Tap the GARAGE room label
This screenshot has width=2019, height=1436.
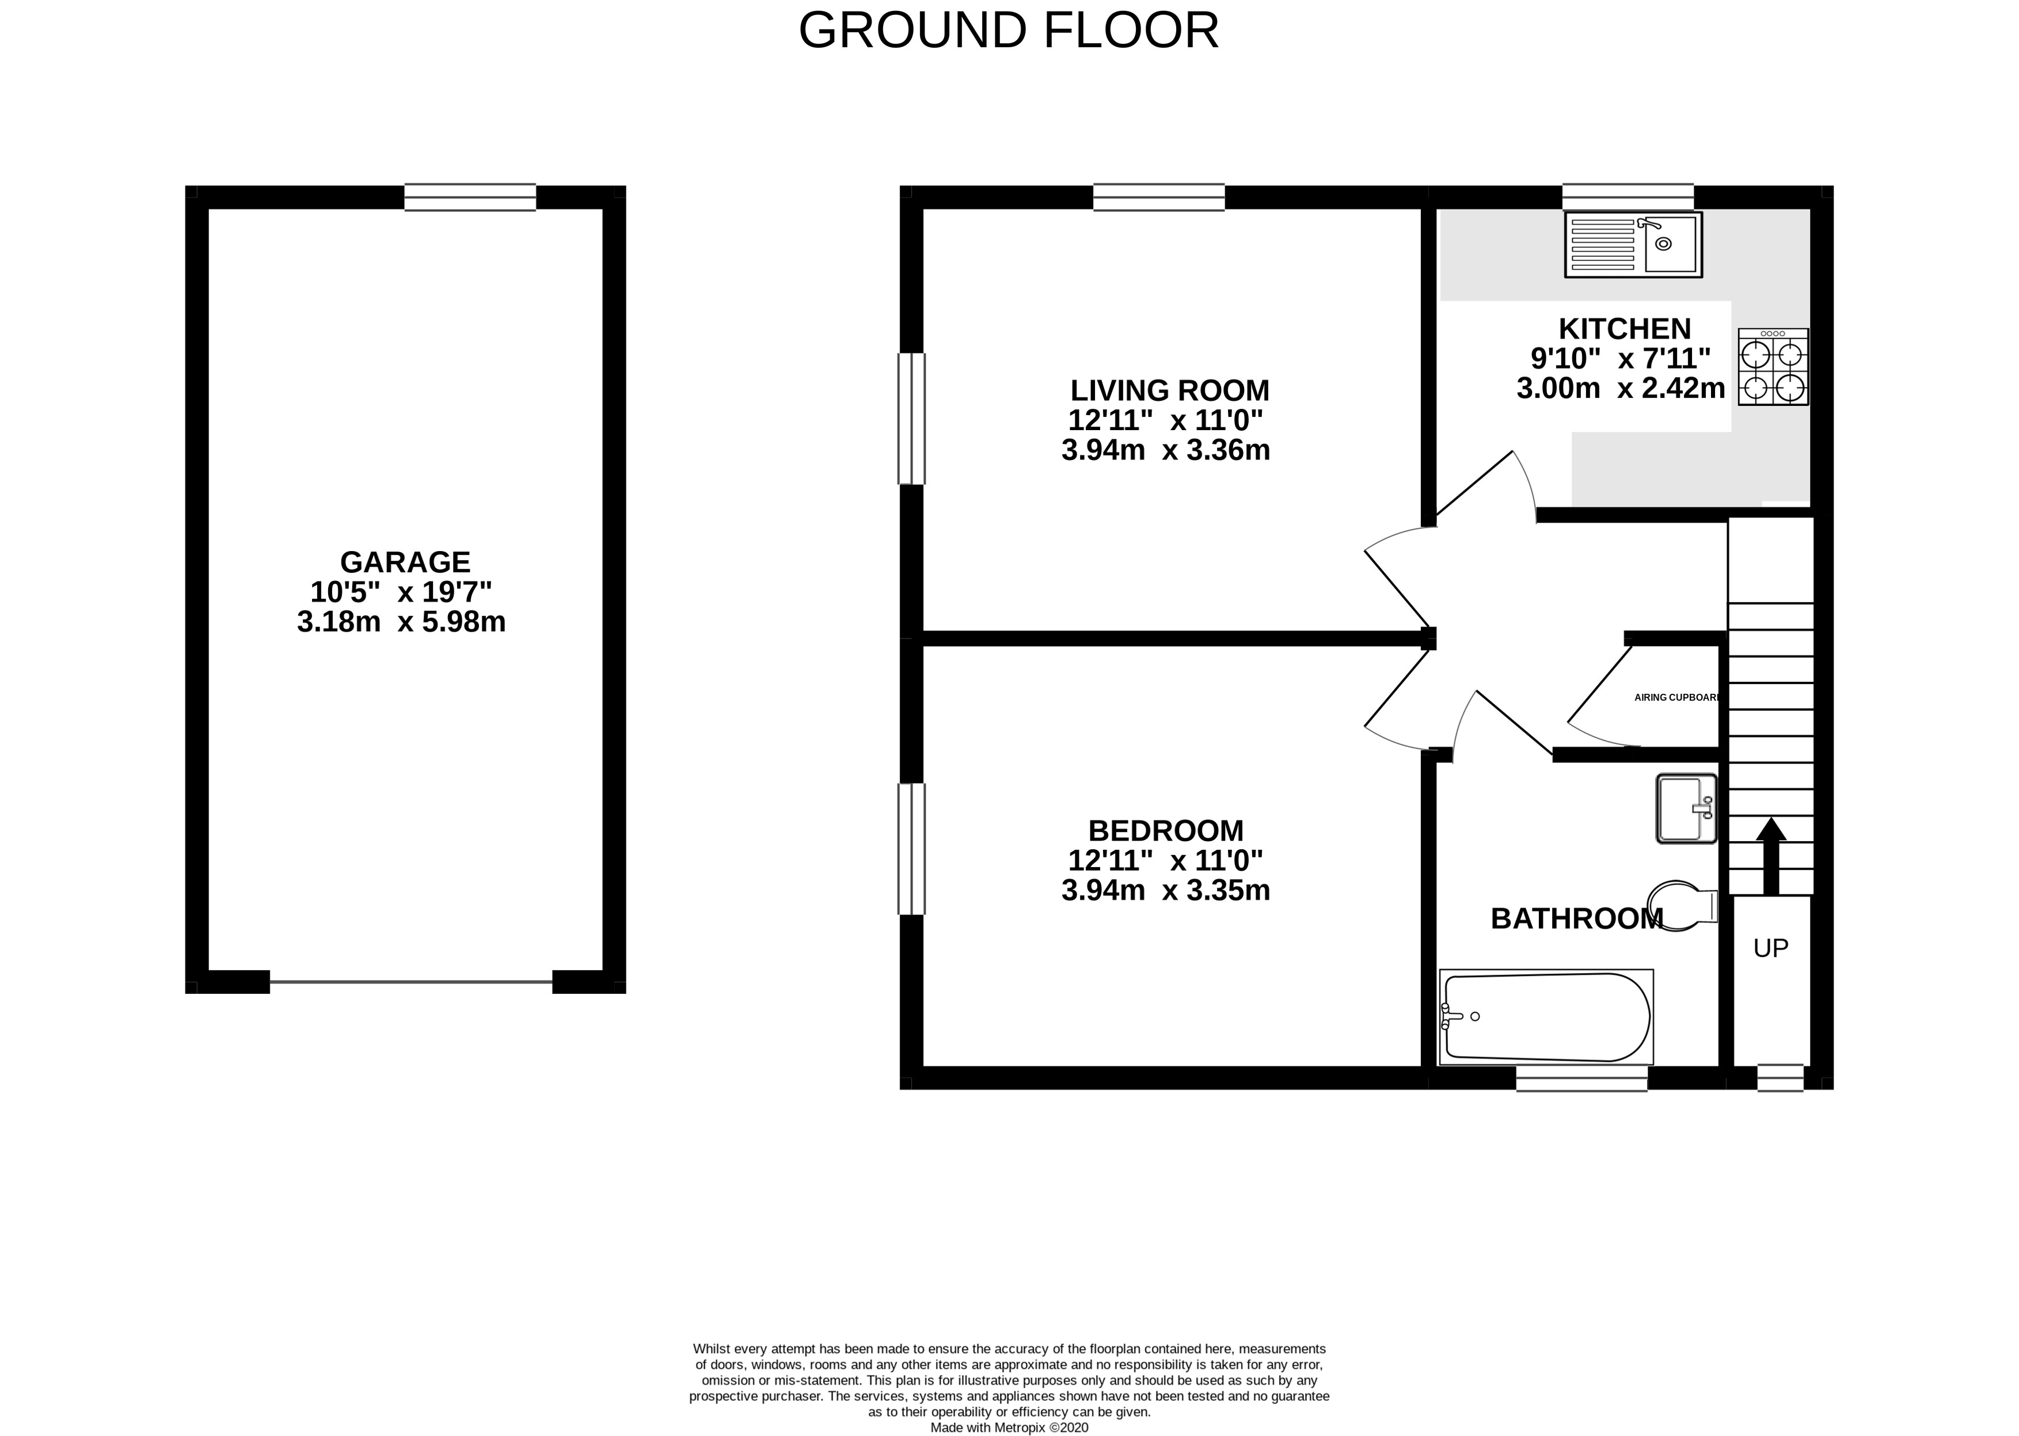(405, 563)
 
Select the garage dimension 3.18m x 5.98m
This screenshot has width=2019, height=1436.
(401, 622)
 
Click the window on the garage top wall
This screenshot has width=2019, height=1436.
(470, 197)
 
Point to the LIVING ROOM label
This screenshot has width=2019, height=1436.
(1169, 390)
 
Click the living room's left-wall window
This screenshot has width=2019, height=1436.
(911, 419)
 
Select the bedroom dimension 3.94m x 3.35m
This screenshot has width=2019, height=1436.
(1166, 890)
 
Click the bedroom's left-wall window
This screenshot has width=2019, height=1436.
(911, 849)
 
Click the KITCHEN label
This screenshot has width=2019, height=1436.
(1625, 329)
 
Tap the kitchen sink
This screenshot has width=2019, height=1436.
(1633, 244)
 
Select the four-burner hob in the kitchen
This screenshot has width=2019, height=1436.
(1773, 367)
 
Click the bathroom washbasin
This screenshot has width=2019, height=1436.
(1686, 809)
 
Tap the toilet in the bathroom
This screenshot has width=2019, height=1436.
(1683, 906)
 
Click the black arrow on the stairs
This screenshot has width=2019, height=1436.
(1771, 856)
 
